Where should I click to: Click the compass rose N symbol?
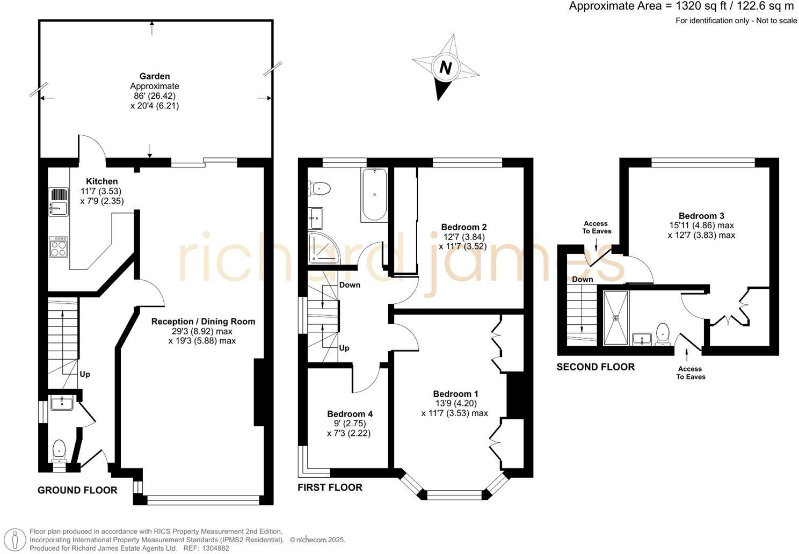coord(445,68)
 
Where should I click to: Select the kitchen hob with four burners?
coord(59,247)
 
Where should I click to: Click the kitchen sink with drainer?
coord(59,201)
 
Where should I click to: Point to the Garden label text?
coord(155,76)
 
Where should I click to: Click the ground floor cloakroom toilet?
coord(59,450)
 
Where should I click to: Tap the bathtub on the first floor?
coord(374,195)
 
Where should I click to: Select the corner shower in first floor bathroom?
coord(323,249)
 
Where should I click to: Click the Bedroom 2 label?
coord(463,227)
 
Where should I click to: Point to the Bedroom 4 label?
coord(350,414)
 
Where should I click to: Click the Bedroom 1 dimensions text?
coord(455,408)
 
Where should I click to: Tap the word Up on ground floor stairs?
coord(85,374)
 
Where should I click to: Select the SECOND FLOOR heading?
coord(595,367)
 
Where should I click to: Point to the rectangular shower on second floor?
coord(615,318)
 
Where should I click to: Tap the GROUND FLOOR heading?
coord(77,490)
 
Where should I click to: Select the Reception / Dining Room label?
coord(203,322)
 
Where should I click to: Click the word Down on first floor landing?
coord(350,285)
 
